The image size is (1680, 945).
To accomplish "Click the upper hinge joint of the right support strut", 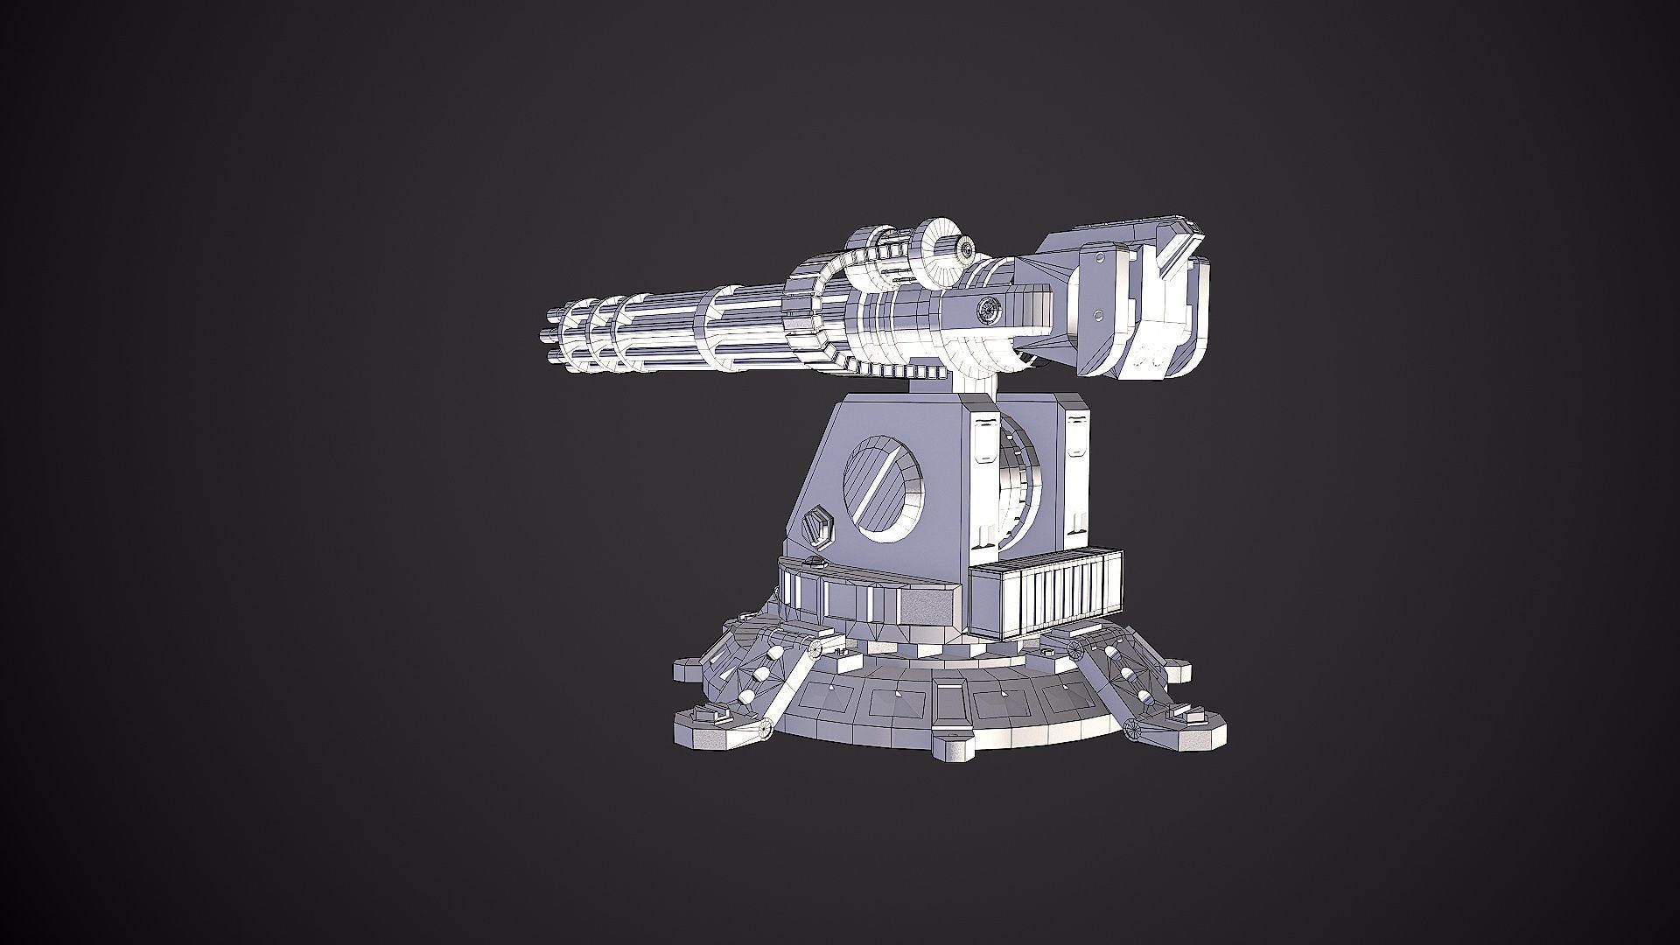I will click(1075, 648).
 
